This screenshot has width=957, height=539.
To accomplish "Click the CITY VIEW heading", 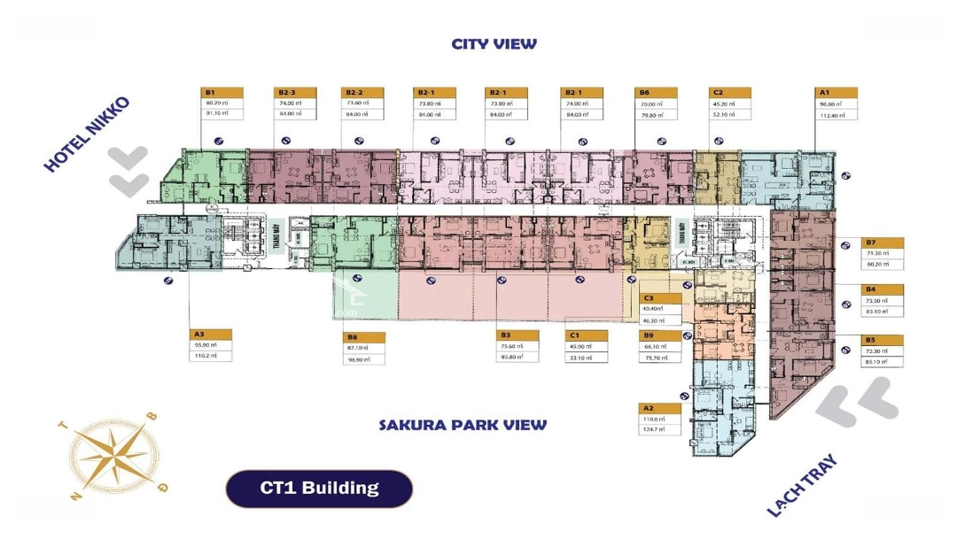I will coord(494,43).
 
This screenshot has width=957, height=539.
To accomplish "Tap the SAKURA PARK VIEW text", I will coord(463,425).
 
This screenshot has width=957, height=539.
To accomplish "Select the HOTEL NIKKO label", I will coord(87,134).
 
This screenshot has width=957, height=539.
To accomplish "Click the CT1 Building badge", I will coord(319,488).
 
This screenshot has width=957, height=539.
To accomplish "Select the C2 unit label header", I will coord(730,92).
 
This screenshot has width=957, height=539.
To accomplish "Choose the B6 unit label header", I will coord(656,92).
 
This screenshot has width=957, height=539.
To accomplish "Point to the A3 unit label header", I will coord(211,335).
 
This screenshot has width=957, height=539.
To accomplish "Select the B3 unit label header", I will coord(517,335).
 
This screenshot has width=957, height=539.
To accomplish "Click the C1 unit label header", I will coord(587,335).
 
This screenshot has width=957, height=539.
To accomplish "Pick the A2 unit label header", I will coord(661,408).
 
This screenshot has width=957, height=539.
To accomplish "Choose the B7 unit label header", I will coord(883,243).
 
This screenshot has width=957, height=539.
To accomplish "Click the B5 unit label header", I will coord(883,340).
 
